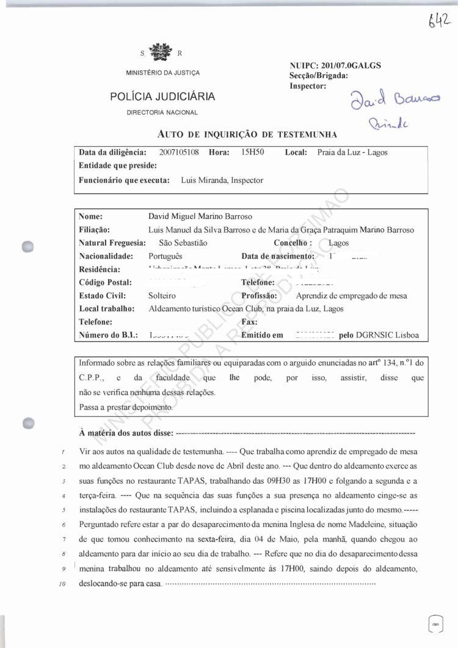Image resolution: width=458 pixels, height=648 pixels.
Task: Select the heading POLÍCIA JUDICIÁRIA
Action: (162, 97)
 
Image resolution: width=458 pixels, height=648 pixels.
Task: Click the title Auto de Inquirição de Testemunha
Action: (247, 134)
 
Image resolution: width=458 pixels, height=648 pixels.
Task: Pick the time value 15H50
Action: (252, 152)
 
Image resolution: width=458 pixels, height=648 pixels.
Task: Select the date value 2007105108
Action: (179, 152)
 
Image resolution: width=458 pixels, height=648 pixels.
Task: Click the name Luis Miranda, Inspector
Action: (222, 181)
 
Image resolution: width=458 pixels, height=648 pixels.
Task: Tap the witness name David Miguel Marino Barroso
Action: (200, 217)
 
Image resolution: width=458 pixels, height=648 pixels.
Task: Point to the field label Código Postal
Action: (106, 282)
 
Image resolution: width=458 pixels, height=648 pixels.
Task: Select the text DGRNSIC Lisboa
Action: (390, 335)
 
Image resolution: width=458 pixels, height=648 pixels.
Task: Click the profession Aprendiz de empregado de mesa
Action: (351, 296)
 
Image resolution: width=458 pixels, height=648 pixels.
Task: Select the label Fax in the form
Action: (249, 322)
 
